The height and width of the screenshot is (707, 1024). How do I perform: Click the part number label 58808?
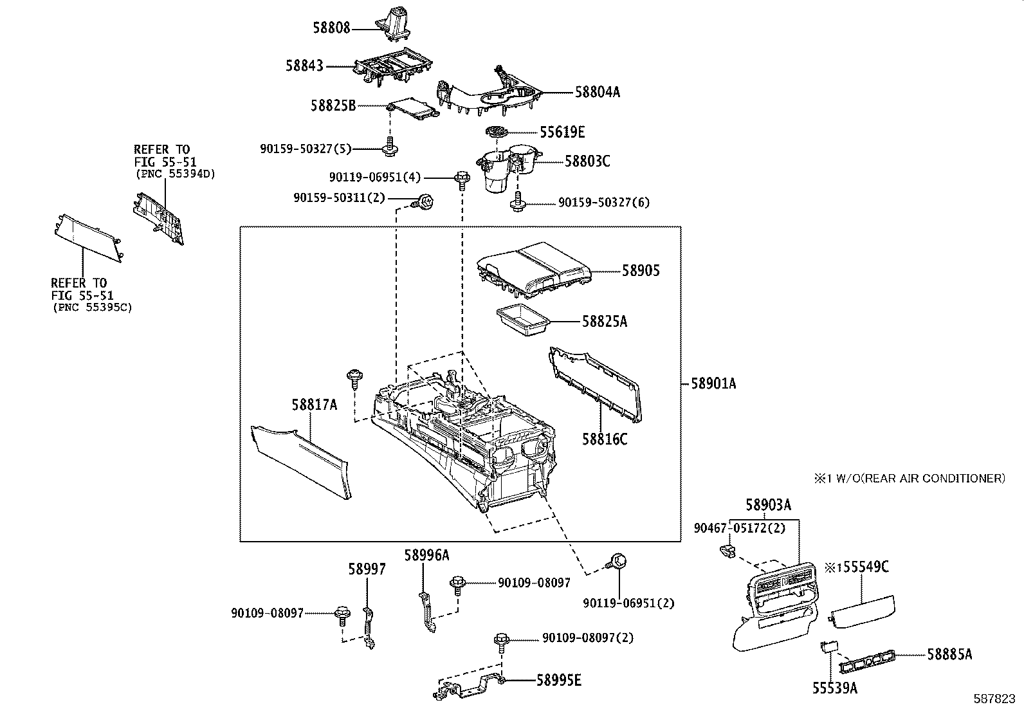(331, 28)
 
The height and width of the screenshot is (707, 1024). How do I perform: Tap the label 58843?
(304, 66)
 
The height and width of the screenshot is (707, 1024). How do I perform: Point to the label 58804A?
(597, 92)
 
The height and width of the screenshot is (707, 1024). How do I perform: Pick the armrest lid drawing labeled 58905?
(534, 269)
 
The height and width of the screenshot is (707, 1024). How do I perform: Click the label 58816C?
(604, 439)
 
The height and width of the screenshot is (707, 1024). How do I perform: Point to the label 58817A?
(314, 405)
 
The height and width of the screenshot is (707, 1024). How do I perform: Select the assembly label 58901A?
(713, 384)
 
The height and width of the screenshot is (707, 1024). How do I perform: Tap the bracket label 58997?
(367, 569)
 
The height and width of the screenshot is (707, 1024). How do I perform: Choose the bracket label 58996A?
(426, 555)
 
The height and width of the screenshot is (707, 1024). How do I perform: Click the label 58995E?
(558, 680)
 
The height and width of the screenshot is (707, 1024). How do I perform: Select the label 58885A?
(949, 655)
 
